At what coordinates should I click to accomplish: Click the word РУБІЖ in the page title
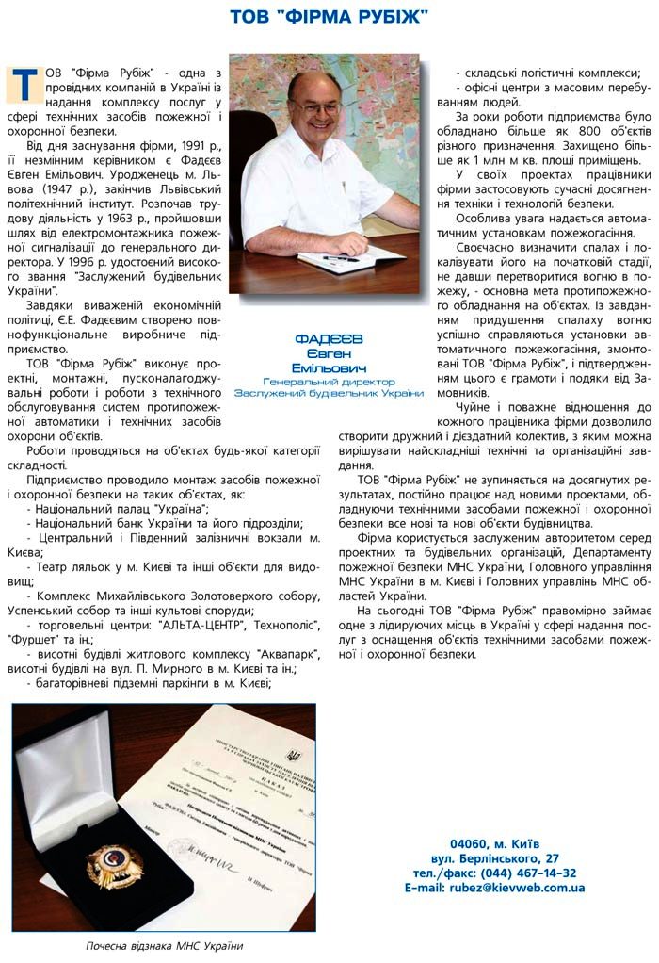pyautogui.click(x=387, y=17)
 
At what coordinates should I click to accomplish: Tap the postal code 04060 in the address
pyautogui.click(x=470, y=843)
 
